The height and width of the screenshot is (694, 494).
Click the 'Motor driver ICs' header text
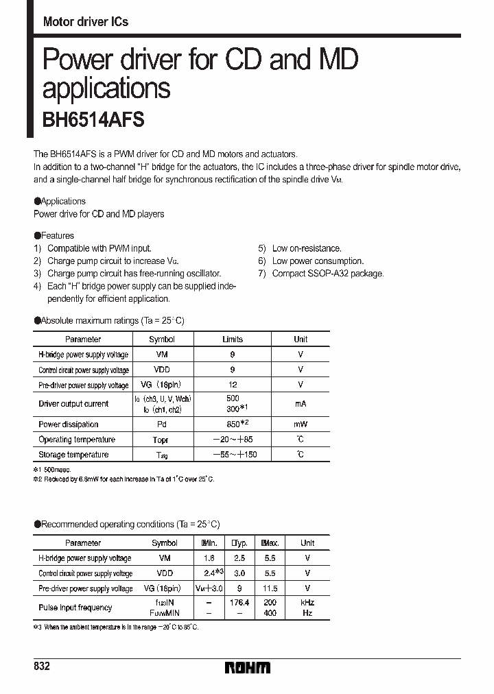click(x=86, y=22)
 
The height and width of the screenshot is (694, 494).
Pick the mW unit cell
click(x=301, y=424)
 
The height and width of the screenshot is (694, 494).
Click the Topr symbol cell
click(x=162, y=440)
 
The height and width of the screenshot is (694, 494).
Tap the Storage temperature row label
click(x=73, y=455)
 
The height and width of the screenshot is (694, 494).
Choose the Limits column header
click(x=233, y=339)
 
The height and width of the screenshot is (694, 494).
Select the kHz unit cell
click(x=307, y=602)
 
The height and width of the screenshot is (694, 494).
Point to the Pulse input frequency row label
click(x=75, y=608)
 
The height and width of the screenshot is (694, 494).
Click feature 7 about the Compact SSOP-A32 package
click(x=321, y=274)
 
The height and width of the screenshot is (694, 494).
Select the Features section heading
click(x=54, y=235)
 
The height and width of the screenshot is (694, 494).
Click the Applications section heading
click(x=60, y=201)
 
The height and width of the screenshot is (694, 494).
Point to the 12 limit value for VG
click(x=233, y=385)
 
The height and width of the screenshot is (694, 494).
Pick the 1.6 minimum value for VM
click(x=209, y=558)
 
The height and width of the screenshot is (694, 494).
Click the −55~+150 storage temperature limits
click(x=233, y=455)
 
